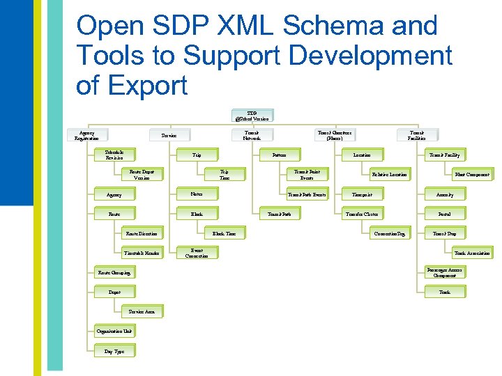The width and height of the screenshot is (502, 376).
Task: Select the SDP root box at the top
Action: (x=252, y=116)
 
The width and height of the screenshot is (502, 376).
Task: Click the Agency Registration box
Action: (x=87, y=135)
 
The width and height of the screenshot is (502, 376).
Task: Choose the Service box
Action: (x=169, y=135)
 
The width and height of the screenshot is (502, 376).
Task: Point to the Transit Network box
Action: (x=252, y=135)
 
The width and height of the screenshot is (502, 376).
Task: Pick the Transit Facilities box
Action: (x=417, y=135)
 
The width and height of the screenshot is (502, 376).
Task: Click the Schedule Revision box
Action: (x=114, y=155)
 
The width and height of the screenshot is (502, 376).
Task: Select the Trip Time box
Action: (x=224, y=174)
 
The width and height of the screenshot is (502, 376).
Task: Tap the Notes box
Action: (x=197, y=194)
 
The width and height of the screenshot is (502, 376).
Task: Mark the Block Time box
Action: (x=224, y=234)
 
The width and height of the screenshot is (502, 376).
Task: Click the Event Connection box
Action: (x=197, y=253)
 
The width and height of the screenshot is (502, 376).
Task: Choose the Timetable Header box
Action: (x=142, y=253)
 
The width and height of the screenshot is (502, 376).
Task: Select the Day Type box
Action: (x=114, y=352)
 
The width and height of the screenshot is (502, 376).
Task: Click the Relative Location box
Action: (x=389, y=174)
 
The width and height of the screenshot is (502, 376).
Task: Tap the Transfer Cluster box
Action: (x=362, y=214)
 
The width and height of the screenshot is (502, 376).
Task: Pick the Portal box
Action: (x=444, y=214)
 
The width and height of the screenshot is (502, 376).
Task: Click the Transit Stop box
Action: (x=444, y=234)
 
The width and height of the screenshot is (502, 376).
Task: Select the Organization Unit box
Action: (x=114, y=332)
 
